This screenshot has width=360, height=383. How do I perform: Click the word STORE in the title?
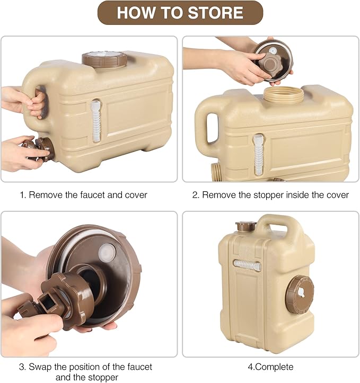point(216,13)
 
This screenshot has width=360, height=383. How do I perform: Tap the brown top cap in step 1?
point(104,59)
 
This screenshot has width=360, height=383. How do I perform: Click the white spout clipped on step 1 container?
point(95,121)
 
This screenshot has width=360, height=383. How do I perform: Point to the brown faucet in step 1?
point(39,149)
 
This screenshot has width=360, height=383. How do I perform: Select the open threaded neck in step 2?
point(284,95)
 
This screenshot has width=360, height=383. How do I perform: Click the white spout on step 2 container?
point(258,154)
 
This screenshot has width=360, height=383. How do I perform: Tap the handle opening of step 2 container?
point(212,128)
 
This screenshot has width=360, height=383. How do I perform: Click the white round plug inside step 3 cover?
point(107,252)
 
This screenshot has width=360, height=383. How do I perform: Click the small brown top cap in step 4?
point(246,226)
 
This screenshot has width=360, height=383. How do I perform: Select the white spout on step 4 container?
point(247,265)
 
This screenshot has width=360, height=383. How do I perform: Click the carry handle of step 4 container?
point(273,224)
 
